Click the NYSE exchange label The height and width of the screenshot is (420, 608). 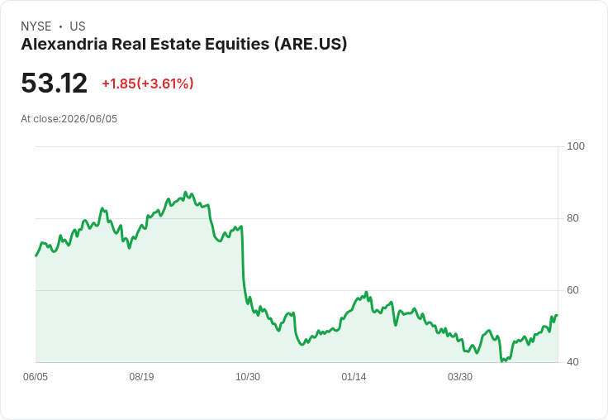36,26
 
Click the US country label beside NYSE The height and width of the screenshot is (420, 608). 78,26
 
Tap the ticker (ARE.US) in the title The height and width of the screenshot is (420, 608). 311,45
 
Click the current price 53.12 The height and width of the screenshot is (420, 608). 55,83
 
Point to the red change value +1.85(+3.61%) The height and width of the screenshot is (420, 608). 148,84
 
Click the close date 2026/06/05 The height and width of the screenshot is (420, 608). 89,119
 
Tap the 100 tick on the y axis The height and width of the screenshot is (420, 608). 576,146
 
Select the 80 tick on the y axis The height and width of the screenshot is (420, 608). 572,218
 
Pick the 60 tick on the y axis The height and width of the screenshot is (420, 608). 572,290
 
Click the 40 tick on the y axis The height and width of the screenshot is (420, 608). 572,362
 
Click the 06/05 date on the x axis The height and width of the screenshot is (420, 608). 36,377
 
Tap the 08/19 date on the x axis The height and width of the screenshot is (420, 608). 141,377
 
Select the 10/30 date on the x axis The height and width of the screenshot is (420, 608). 248,377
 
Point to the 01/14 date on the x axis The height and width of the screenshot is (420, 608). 354,377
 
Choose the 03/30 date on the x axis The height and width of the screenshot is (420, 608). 460,377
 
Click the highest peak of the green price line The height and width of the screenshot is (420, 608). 185,192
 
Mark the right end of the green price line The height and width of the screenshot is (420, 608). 557,315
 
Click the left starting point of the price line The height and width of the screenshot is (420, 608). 36,255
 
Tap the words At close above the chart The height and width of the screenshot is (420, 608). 40,119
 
